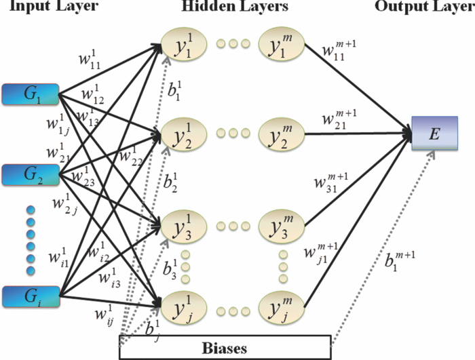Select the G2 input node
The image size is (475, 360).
pos(31,174)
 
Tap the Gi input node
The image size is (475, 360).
pos(31,296)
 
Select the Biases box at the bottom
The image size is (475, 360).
pos(225,348)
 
